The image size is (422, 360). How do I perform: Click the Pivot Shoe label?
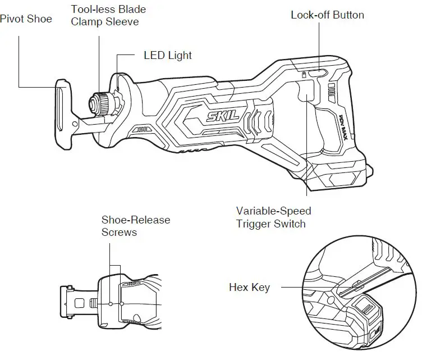pos(26,19)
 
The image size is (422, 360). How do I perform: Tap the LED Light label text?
pos(168,55)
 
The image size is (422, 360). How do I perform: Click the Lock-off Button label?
pos(327,15)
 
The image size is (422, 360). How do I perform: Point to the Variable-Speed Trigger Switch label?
pos(273,217)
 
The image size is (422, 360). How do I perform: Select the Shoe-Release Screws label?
pos(135,226)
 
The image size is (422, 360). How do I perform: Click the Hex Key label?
pos(249,288)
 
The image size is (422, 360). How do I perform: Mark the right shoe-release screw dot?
pos(121,303)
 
